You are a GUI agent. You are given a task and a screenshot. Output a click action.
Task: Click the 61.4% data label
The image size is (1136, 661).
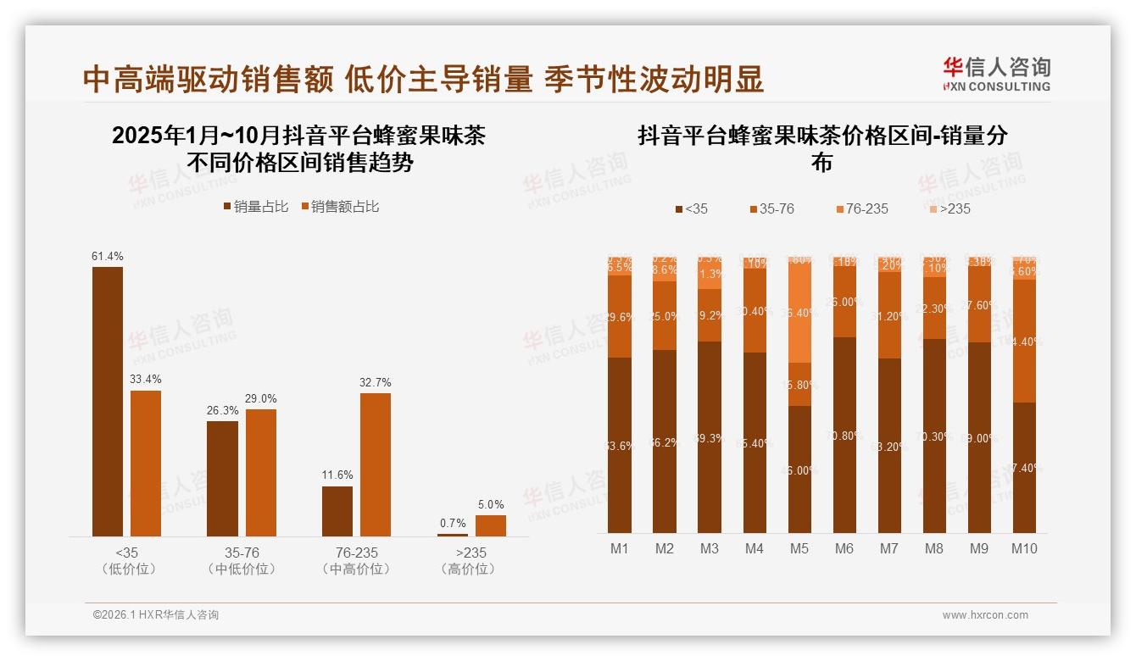(108, 256)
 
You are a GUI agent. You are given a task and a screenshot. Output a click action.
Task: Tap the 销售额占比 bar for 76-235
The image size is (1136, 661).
(376, 464)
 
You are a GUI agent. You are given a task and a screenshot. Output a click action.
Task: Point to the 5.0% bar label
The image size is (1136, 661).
(491, 504)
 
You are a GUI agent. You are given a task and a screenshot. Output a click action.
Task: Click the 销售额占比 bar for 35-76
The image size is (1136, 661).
(261, 472)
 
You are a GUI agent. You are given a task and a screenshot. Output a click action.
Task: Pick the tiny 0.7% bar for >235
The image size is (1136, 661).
(453, 535)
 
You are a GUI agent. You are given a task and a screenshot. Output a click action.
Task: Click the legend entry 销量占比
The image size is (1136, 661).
(256, 207)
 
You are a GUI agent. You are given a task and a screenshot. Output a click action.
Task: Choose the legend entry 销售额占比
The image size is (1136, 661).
(339, 207)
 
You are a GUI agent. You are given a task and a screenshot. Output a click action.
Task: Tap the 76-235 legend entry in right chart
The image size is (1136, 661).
(861, 208)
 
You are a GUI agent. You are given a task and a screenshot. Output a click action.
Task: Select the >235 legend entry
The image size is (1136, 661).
(949, 208)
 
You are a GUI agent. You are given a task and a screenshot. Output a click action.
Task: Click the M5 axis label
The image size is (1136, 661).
(799, 548)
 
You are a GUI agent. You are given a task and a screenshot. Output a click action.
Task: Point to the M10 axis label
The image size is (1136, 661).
(1024, 548)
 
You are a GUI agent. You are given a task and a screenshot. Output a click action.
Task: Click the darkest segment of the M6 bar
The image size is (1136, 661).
(844, 435)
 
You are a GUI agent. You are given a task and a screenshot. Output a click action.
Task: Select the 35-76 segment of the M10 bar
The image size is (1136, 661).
(1024, 341)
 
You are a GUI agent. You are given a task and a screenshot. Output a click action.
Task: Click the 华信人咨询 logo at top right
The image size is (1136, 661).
(996, 74)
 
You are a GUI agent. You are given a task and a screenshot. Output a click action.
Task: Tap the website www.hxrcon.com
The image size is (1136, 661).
(985, 615)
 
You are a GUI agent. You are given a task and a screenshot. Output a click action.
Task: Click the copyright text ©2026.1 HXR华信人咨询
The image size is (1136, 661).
(156, 615)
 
